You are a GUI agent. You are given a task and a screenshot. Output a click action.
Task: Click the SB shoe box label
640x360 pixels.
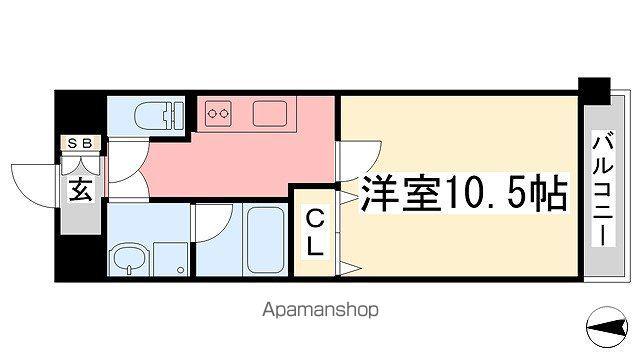(79, 143)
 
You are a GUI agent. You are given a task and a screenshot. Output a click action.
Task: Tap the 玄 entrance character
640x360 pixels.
(81, 189)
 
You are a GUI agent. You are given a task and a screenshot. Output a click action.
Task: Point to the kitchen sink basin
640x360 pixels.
(270, 113)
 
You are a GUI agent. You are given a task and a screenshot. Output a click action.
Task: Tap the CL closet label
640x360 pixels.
(313, 231)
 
